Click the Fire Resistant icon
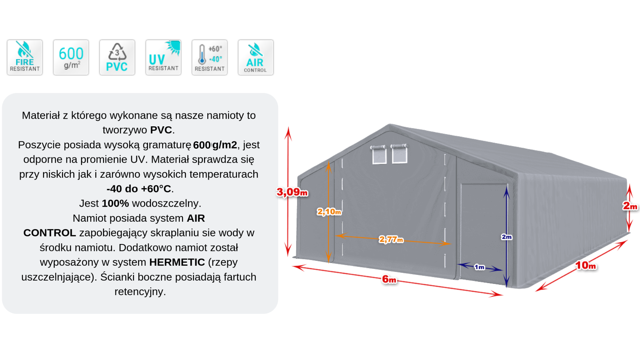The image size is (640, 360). coord(25,57)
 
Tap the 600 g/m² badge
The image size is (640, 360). coord(71,57)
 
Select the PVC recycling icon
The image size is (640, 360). coord(117,57)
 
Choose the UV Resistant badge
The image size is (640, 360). coord(163,57)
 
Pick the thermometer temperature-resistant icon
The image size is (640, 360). coord(209,57)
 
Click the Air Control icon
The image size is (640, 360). coord(256,57)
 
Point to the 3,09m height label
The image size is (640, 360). coord(292,192)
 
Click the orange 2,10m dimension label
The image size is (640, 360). coord(329,212)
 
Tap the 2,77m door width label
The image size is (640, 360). coord(391,239)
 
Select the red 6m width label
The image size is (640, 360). coord(389,279)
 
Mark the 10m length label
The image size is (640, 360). coord(586,266)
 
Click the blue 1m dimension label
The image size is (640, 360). coord(479,267)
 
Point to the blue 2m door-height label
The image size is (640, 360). coord(506,237)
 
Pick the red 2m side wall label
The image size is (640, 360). coord(630,206)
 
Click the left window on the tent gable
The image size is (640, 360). coord(379,155)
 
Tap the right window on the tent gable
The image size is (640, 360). coord(399,154)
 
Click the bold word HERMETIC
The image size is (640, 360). coord(177,262)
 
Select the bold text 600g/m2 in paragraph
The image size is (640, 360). coord(215,145)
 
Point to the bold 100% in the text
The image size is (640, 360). coord(115,203)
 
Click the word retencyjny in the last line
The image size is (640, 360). coord(140,292)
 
